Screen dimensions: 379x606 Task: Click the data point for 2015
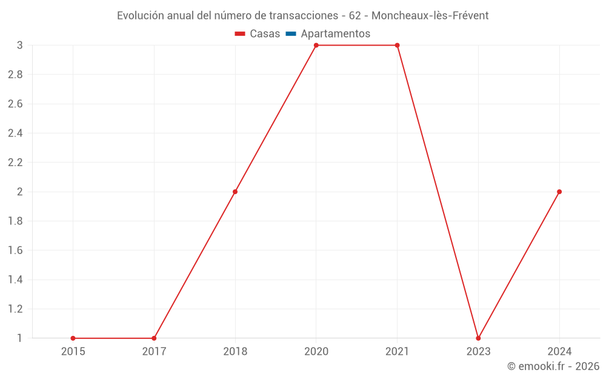point(73,338)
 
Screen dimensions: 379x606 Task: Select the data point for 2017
point(154,338)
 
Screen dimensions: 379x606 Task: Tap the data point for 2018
point(235,192)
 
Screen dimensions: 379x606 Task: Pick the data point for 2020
point(316,45)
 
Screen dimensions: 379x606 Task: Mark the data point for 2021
point(398,45)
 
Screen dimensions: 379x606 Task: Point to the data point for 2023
point(478,338)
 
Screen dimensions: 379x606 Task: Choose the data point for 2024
point(559,192)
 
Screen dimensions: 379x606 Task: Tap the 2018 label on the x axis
point(235,351)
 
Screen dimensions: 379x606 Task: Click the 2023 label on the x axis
point(478,351)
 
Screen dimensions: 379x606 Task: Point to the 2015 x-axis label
point(73,351)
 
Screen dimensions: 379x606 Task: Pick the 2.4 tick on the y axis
point(15,133)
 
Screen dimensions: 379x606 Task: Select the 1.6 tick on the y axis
point(15,250)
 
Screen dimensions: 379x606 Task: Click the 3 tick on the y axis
point(19,45)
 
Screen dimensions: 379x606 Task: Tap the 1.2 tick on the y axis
point(15,309)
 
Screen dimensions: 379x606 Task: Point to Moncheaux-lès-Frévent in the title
point(430,16)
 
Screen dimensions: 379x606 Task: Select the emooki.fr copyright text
point(553,366)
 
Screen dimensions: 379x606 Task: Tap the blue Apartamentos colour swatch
point(290,34)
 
